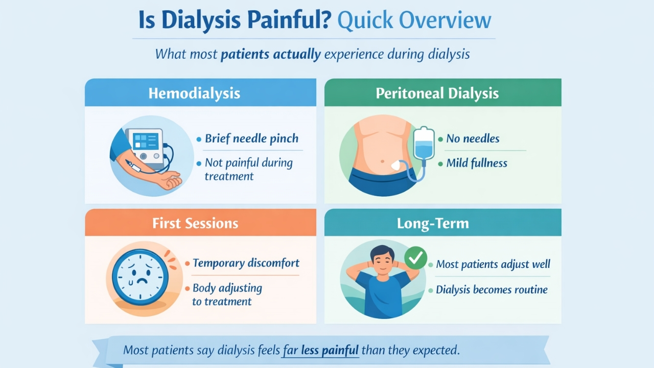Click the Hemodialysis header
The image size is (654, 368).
click(x=194, y=94)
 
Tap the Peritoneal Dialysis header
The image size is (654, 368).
click(x=437, y=94)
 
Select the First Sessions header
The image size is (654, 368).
click(x=195, y=223)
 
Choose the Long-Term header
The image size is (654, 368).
click(x=433, y=223)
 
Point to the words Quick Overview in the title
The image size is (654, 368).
click(x=414, y=20)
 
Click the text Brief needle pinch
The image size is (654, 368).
click(x=251, y=139)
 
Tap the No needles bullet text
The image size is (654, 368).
click(x=473, y=139)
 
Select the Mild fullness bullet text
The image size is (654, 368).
click(x=477, y=163)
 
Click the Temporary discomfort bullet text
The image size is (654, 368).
click(x=246, y=263)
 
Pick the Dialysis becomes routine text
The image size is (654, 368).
click(x=492, y=290)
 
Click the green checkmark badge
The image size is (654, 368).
click(x=416, y=258)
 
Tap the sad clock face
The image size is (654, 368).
click(x=140, y=277)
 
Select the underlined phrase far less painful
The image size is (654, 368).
click(x=321, y=351)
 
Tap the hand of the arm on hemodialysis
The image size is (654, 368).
click(x=171, y=180)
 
